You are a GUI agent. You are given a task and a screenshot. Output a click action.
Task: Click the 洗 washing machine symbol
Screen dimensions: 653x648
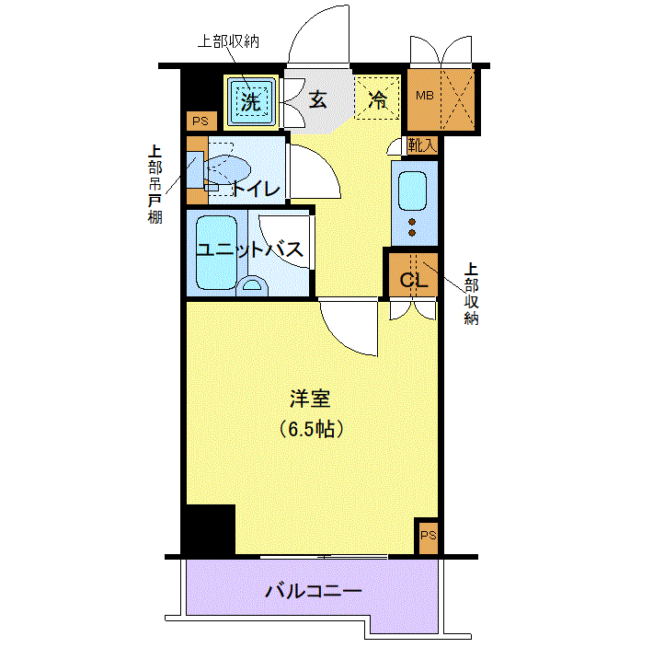coord(251,102)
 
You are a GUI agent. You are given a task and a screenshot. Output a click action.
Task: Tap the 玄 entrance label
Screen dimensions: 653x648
coord(317,99)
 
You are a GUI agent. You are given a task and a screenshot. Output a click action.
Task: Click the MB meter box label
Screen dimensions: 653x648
coord(424,96)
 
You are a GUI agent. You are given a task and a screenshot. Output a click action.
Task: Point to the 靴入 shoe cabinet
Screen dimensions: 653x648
coord(422,145)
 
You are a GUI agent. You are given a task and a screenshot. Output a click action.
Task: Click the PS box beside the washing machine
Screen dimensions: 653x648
coord(201,121)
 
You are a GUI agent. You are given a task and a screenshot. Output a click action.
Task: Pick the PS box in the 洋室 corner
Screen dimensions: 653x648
coord(428,536)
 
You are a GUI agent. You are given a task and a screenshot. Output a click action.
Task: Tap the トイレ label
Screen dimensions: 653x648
coord(257,189)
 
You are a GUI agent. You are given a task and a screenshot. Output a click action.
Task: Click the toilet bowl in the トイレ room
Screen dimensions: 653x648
coord(227,169)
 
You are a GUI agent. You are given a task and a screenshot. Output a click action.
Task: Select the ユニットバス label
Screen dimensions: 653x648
coord(249,249)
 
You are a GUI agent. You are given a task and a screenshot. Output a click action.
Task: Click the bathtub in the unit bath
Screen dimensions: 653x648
coord(216,252)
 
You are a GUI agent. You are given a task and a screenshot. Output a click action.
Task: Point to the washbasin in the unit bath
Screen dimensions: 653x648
coord(252,286)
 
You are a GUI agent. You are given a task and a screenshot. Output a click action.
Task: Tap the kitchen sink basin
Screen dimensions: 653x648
coord(412,191)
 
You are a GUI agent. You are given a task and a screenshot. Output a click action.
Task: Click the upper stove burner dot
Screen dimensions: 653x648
coord(412,222)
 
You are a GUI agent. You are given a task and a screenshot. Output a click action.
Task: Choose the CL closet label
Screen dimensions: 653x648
coord(414,280)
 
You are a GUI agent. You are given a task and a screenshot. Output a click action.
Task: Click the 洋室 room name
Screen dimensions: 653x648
coord(311,399)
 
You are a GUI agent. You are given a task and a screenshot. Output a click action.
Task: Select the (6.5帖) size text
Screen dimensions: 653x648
coord(311,429)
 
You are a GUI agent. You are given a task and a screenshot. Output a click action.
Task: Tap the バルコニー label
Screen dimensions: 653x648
coord(314,591)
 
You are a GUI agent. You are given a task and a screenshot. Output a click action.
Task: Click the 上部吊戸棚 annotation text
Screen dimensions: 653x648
coord(155,185)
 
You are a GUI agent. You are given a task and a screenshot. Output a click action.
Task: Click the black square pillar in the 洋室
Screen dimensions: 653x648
coord(211,529)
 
